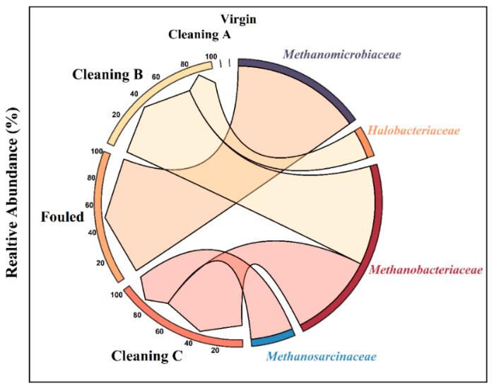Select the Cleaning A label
coord(204,33)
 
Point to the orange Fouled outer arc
coord(102,212)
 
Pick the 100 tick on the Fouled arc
coord(98,151)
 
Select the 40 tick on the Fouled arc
coord(91,233)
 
